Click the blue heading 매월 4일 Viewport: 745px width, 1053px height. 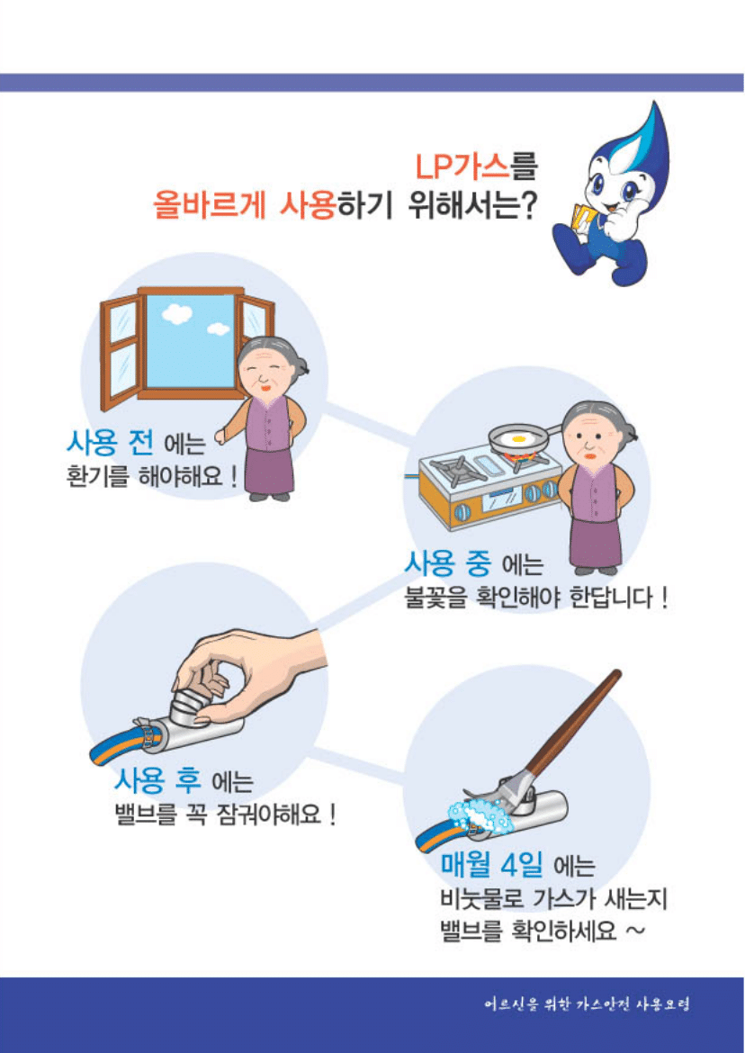[491, 866]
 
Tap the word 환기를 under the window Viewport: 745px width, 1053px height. [97, 475]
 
